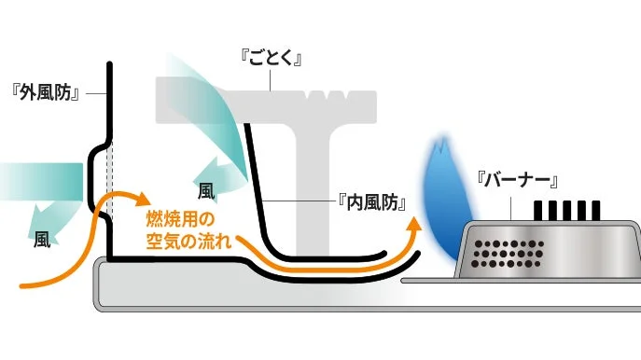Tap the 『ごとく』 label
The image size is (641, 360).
click(273, 60)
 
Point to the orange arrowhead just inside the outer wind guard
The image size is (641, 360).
click(142, 199)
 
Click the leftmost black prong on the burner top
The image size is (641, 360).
click(538, 211)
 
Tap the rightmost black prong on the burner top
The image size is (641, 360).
click(595, 211)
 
